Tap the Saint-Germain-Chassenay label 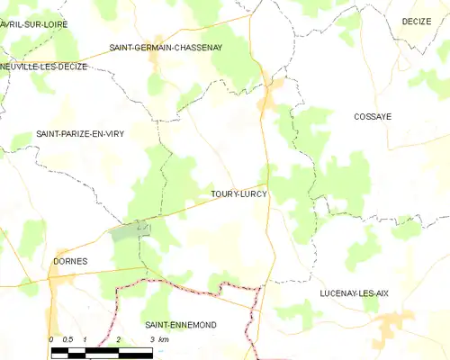coord(166,47)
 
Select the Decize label coord(417,21)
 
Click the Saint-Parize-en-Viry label coord(80,134)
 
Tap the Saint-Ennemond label coord(180,324)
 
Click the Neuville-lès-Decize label coord(45,67)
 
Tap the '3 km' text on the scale coord(157,339)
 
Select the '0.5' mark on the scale coord(67,339)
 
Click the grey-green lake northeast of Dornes coord(124,232)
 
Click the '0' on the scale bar coord(51,339)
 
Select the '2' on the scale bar coord(118,339)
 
